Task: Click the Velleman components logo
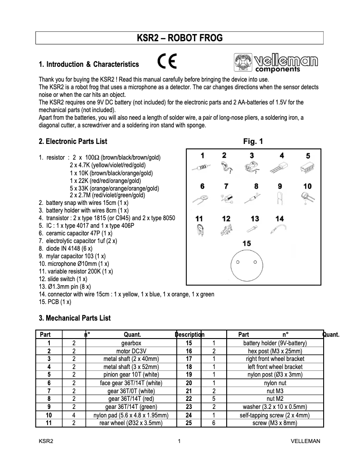276,63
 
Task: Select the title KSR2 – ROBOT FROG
180,38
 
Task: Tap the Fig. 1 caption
253,142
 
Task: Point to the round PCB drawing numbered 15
246,264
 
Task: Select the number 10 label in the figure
307,186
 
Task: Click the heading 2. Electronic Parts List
73,142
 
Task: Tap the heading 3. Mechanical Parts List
75,318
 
